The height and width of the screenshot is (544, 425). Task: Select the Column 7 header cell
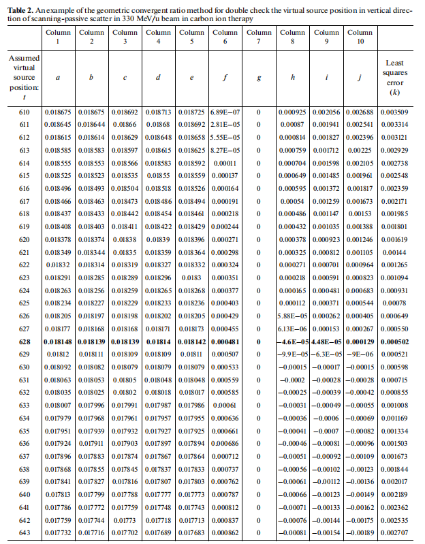point(259,37)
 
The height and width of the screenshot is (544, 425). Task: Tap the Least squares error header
point(394,77)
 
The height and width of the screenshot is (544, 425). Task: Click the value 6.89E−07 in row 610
point(225,112)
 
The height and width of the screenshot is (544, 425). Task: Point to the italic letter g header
point(259,77)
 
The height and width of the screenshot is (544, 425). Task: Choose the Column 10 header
point(359,37)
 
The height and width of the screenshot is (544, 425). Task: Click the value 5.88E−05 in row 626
point(293,315)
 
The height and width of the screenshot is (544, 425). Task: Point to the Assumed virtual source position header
point(25,77)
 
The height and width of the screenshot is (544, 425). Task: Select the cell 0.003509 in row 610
point(394,112)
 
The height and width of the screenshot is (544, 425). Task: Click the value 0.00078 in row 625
point(394,302)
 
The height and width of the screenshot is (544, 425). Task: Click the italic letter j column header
point(359,77)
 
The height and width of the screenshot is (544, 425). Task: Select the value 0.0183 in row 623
point(192,277)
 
